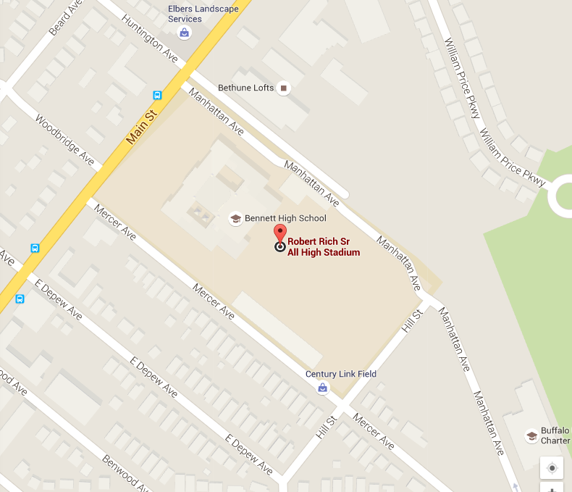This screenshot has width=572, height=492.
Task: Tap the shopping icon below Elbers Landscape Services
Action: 185,33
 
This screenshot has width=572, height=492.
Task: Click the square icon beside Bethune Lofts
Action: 284,88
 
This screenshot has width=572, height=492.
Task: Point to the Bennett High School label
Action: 285,218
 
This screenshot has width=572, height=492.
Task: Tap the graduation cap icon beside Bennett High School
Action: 235,218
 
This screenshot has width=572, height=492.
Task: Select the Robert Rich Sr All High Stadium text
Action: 324,247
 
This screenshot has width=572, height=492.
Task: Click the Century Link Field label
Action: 341,374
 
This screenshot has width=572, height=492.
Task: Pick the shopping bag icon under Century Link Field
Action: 323,388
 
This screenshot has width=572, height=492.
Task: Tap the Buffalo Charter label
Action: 557,435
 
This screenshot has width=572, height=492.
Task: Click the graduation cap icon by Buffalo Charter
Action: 531,435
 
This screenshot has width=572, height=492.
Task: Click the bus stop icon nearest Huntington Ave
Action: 157,95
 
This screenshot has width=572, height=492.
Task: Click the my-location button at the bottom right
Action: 552,468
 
